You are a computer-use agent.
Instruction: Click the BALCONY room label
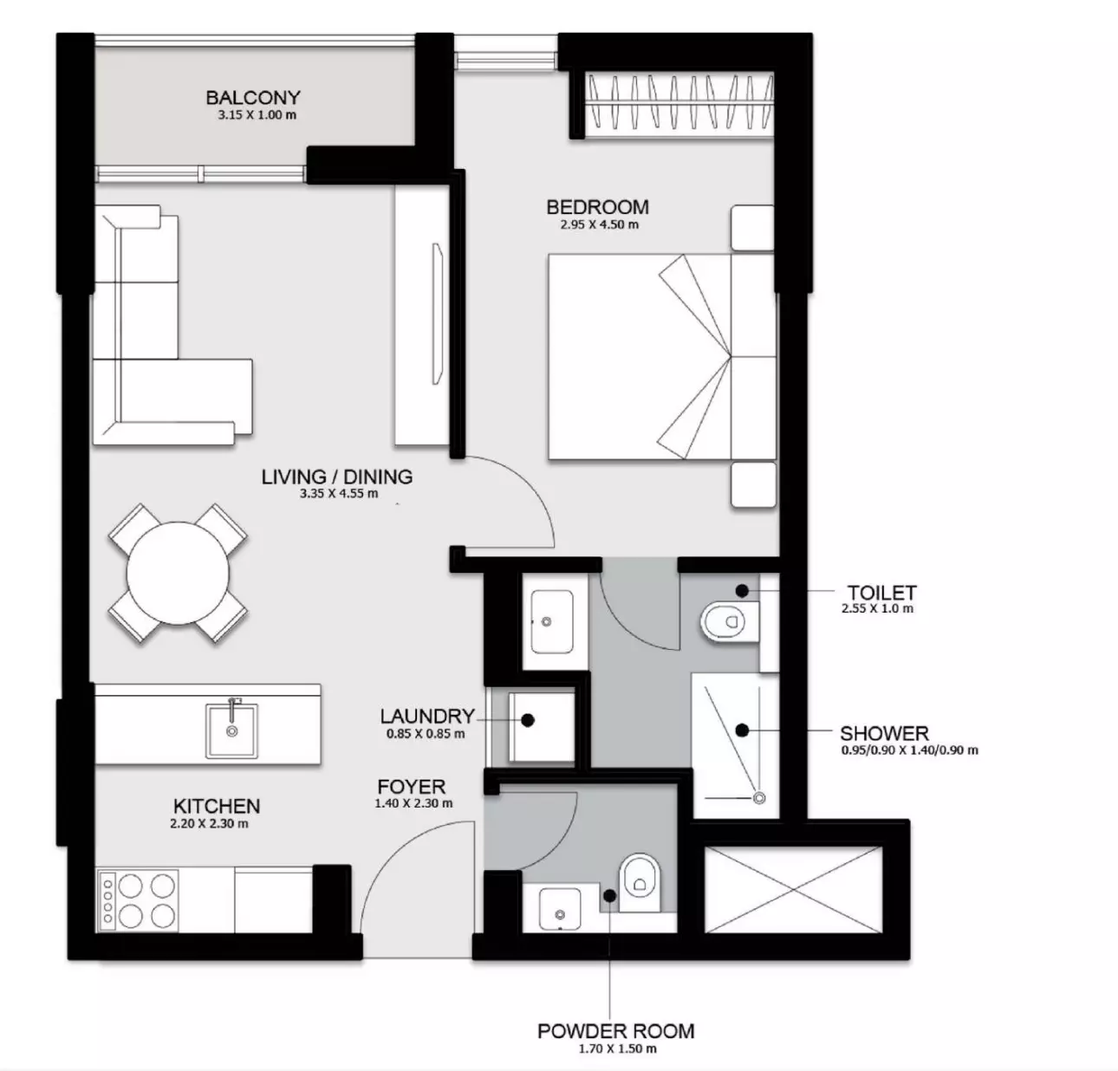[253, 98]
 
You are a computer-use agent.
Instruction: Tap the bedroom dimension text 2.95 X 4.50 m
[599, 224]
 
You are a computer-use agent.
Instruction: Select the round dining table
[178, 573]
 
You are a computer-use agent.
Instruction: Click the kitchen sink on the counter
[231, 731]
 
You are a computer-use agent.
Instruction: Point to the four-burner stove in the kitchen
[137, 900]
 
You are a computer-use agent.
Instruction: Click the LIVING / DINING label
[336, 477]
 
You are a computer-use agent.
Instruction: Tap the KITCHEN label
[217, 806]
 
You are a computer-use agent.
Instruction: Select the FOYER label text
[412, 786]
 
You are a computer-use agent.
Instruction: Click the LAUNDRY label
[427, 716]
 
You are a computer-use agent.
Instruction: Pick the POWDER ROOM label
[616, 1031]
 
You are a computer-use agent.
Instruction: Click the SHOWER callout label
[884, 733]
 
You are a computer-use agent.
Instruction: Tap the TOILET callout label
[882, 592]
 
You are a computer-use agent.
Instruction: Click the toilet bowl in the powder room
[640, 883]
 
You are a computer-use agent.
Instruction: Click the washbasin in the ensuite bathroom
[551, 621]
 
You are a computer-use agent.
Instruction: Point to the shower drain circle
[759, 798]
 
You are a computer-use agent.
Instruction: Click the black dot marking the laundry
[528, 720]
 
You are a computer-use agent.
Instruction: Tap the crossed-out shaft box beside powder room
[793, 890]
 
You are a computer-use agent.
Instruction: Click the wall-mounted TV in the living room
[438, 314]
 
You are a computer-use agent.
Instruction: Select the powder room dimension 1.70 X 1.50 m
[617, 1048]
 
